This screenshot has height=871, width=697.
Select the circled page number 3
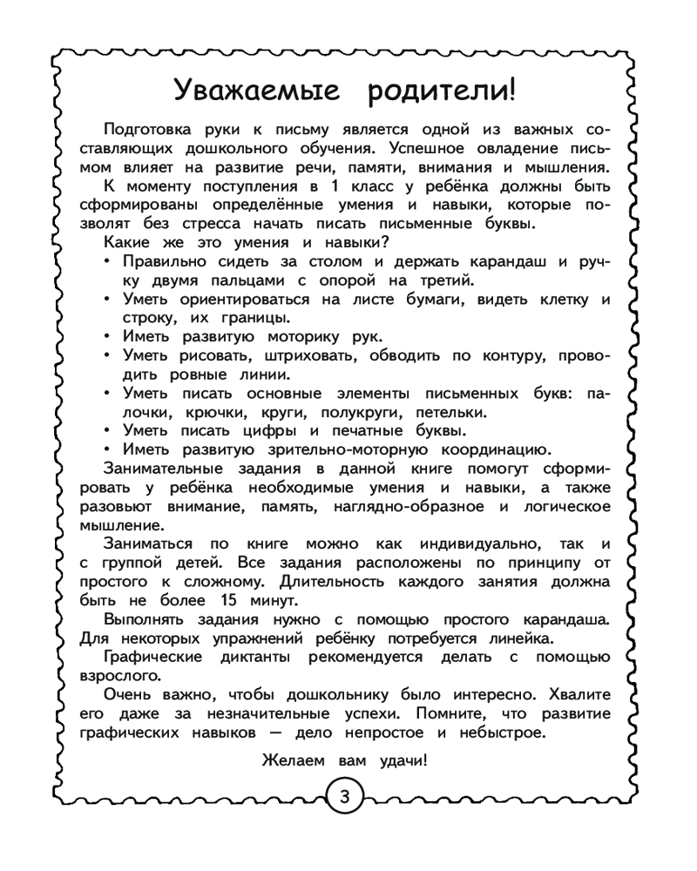[x=345, y=797]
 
